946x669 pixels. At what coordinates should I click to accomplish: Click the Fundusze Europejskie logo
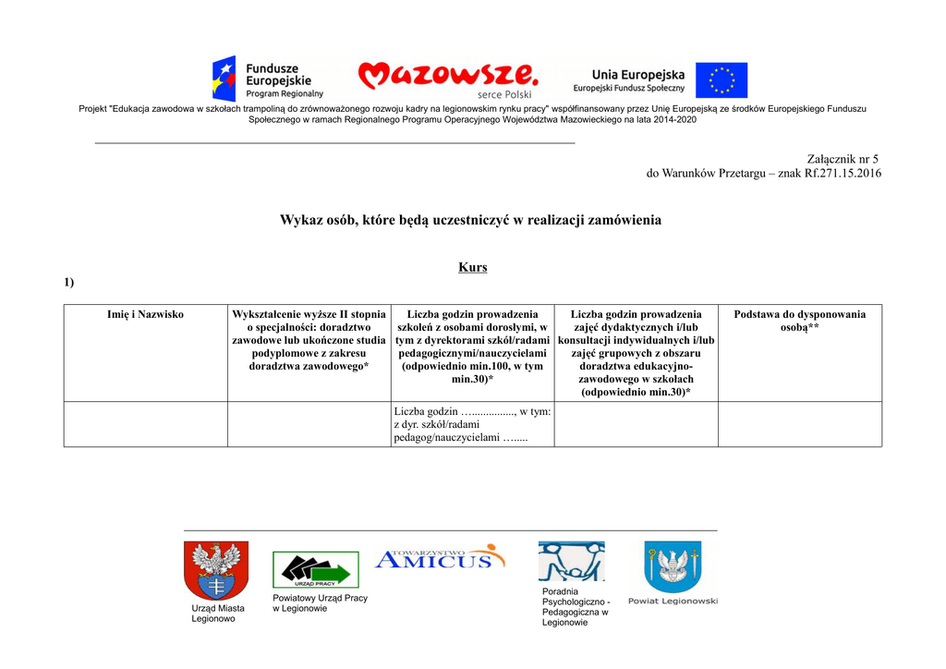coord(268,79)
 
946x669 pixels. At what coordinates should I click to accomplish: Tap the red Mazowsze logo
coord(447,75)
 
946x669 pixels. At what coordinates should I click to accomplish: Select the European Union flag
coord(722,80)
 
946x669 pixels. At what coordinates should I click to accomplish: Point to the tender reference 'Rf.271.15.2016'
coord(843,173)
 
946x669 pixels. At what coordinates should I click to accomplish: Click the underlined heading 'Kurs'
coord(472,267)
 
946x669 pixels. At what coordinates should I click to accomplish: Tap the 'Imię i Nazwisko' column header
coord(145,315)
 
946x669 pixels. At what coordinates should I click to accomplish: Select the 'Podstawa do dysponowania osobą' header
coord(799,322)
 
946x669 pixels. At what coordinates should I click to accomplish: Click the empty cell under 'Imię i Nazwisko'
coord(145,424)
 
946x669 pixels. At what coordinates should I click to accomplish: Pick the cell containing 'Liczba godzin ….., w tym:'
coord(472,424)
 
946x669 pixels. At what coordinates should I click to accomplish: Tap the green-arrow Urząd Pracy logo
coord(315,569)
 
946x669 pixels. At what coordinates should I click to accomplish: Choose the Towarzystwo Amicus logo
coord(440,557)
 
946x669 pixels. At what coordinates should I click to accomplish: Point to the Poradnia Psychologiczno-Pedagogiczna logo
coord(571,561)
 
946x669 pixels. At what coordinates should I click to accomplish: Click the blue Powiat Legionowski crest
coord(672,566)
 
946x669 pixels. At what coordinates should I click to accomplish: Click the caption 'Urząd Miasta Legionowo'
coord(218,614)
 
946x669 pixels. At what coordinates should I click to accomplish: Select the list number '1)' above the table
coord(68,283)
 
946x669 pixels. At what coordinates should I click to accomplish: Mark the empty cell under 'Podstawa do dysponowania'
coord(799,424)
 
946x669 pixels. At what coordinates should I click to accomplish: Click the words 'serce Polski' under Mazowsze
coord(504,94)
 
